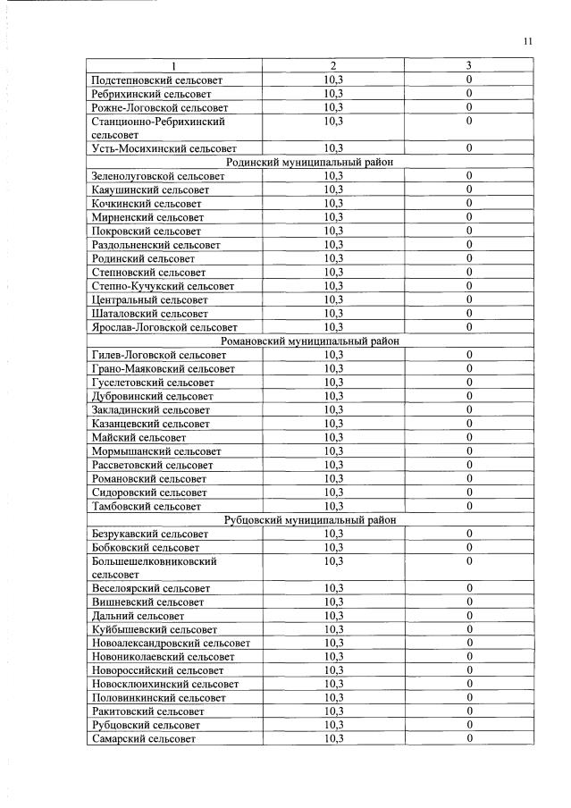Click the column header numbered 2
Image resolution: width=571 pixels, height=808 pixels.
[333, 66]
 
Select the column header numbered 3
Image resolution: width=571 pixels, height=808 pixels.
[468, 66]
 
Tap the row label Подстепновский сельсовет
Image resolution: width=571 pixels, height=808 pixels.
[156, 80]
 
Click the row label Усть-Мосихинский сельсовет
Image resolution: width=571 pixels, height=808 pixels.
[164, 148]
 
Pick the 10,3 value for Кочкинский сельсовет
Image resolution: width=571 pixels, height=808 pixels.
[333, 204]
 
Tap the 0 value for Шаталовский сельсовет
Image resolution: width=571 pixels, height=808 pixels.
[468, 314]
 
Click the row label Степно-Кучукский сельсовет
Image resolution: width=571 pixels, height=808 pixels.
[163, 286]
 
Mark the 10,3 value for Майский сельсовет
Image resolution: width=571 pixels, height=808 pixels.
[333, 437]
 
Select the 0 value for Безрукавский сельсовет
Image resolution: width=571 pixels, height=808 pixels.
[468, 534]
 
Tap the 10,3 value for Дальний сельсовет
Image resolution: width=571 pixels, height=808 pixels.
[333, 616]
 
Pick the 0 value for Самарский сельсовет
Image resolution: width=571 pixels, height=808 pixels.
[468, 739]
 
